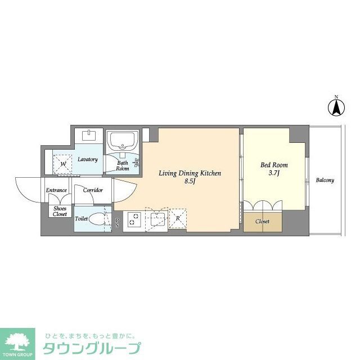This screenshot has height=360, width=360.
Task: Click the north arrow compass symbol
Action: tap(336, 106)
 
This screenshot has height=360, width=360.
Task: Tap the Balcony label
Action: tap(325, 181)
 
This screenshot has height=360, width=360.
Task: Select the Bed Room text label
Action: tap(274, 165)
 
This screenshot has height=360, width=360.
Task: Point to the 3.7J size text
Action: tap(274, 174)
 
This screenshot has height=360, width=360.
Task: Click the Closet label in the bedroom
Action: tap(262, 222)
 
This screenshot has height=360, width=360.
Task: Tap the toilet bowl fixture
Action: tap(98, 219)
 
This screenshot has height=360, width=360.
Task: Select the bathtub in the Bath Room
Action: tap(123, 140)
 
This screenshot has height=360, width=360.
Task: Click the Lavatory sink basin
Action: tap(89, 136)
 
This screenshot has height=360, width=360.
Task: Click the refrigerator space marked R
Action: tap(178, 219)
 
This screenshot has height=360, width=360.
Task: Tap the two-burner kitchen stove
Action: tap(134, 220)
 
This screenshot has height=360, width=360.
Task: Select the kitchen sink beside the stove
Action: tap(155, 219)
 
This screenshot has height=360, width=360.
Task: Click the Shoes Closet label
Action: tap(60, 211)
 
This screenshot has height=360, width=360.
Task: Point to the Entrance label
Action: tap(57, 190)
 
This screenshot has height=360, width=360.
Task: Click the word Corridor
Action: tap(93, 190)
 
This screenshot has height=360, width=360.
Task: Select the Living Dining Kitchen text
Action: tap(189, 173)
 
